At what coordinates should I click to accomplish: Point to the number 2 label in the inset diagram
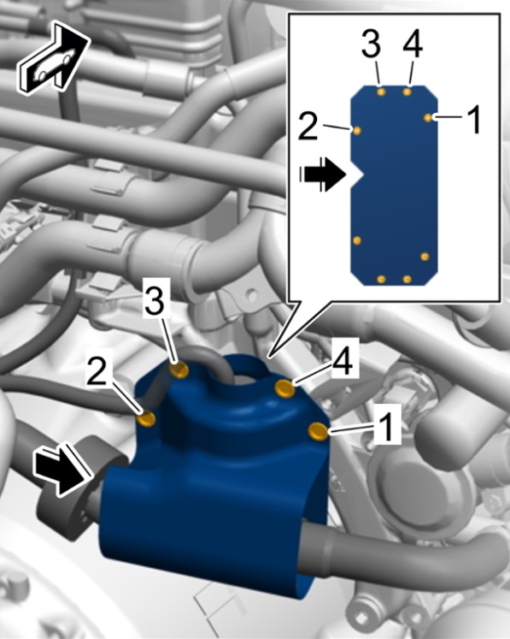coord(308,126)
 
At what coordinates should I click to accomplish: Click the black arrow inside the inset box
coord(322,175)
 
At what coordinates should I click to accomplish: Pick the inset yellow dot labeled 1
coord(428,117)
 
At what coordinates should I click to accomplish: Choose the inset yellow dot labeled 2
coord(357,131)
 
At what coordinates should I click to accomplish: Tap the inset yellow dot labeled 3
coord(381,92)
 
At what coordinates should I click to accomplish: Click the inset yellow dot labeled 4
coord(407,92)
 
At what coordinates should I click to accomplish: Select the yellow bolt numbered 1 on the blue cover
coord(318,432)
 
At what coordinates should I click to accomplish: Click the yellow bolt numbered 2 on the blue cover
coord(147,418)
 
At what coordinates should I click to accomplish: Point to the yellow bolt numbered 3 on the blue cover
coord(179,370)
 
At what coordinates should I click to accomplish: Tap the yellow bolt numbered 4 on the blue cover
coord(285,388)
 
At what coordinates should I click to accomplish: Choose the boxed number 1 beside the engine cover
coord(387,424)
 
